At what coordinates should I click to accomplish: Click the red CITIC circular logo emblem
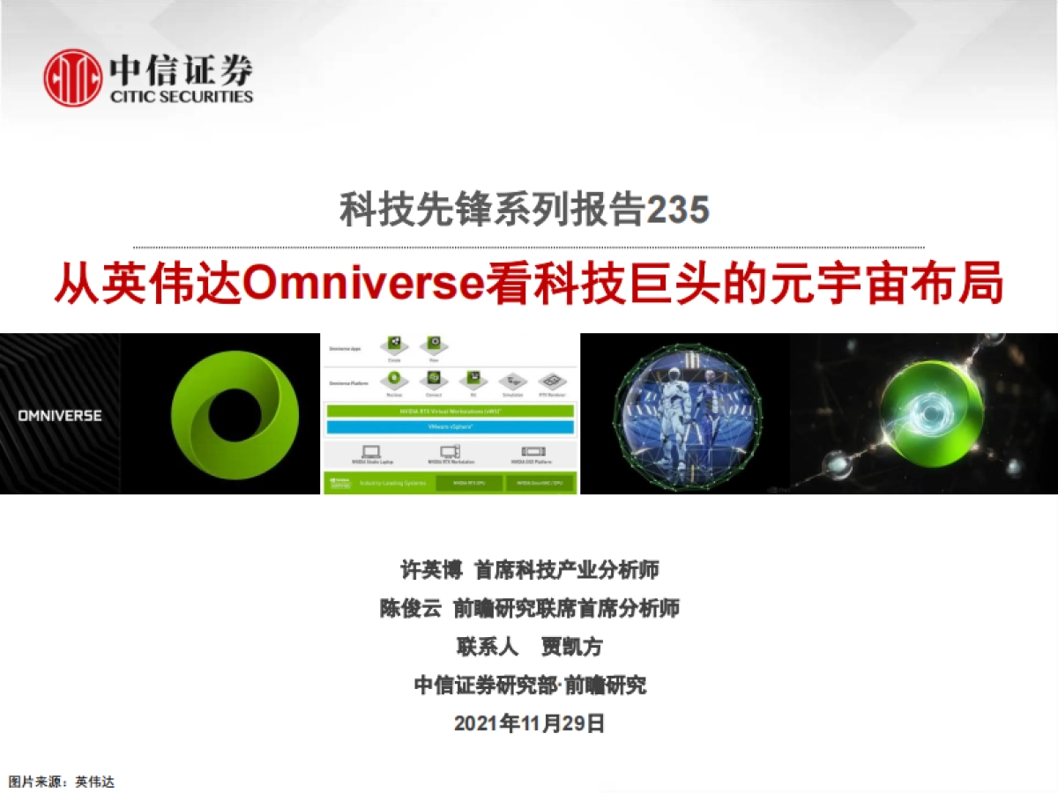[73, 78]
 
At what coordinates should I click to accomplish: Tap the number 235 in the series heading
[678, 211]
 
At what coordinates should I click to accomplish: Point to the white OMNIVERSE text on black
[60, 415]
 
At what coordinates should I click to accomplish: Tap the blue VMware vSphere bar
[450, 427]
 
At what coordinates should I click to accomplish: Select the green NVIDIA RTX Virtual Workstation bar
[450, 411]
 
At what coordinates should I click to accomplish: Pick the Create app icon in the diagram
[395, 344]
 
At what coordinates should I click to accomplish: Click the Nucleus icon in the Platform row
[395, 380]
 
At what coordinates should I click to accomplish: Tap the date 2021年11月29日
[529, 723]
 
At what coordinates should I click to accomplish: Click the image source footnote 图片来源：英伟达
[62, 782]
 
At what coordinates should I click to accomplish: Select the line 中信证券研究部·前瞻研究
[529, 685]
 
